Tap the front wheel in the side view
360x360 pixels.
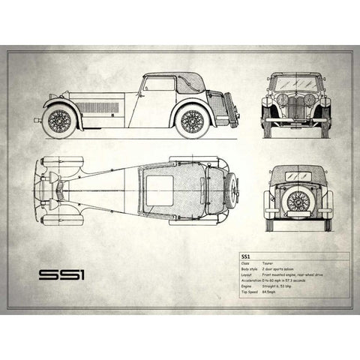(58, 121)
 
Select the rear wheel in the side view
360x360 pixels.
(192, 120)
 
